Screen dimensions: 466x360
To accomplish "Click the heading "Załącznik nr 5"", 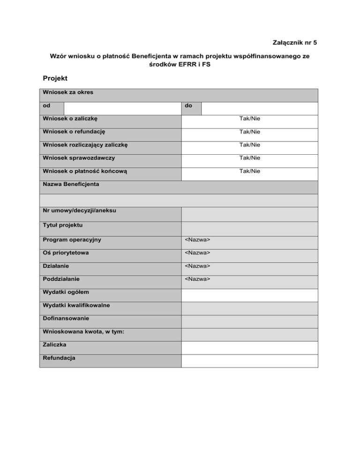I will (x=294, y=43).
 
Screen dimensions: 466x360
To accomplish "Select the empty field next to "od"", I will (x=120, y=108).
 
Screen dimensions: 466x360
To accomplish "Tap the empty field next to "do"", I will (x=259, y=108).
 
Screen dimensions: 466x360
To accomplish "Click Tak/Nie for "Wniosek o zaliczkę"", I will (x=249, y=119).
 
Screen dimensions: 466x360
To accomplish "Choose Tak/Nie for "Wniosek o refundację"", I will (x=249, y=132).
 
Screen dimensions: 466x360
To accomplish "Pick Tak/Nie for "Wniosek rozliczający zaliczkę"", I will (x=249, y=145).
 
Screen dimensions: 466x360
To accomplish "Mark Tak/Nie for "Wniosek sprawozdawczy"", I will (x=249, y=158).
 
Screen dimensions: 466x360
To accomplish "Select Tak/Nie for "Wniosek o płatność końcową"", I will (x=249, y=171).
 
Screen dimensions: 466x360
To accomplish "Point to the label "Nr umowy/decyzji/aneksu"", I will (x=79, y=210).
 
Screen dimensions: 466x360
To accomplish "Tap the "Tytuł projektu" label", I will (x=62, y=225).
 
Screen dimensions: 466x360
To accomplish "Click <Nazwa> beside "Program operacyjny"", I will (x=197, y=240).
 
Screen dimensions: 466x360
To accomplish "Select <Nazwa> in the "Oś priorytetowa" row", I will (x=197, y=253).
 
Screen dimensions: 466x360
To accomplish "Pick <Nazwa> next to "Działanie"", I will (x=197, y=266).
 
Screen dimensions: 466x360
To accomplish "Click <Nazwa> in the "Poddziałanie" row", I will (x=197, y=279).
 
